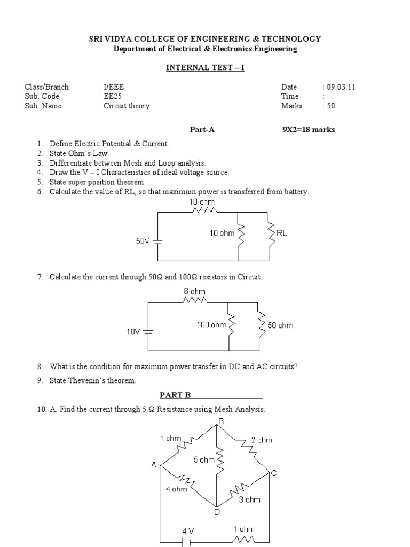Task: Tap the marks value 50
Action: [x=331, y=106]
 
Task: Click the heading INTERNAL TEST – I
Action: [x=205, y=68]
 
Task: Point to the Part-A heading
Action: [x=202, y=129]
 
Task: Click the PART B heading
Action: [x=176, y=395]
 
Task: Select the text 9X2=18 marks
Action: [x=309, y=129]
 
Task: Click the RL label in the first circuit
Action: [x=282, y=233]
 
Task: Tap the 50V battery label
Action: [x=143, y=241]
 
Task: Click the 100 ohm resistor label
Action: [x=211, y=324]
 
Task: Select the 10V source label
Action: [x=133, y=332]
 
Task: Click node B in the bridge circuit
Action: [x=220, y=422]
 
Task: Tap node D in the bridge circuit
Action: [x=217, y=512]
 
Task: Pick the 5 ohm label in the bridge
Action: [x=204, y=460]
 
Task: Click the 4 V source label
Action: [x=188, y=531]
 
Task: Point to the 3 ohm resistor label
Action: [x=249, y=499]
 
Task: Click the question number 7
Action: [x=40, y=277]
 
